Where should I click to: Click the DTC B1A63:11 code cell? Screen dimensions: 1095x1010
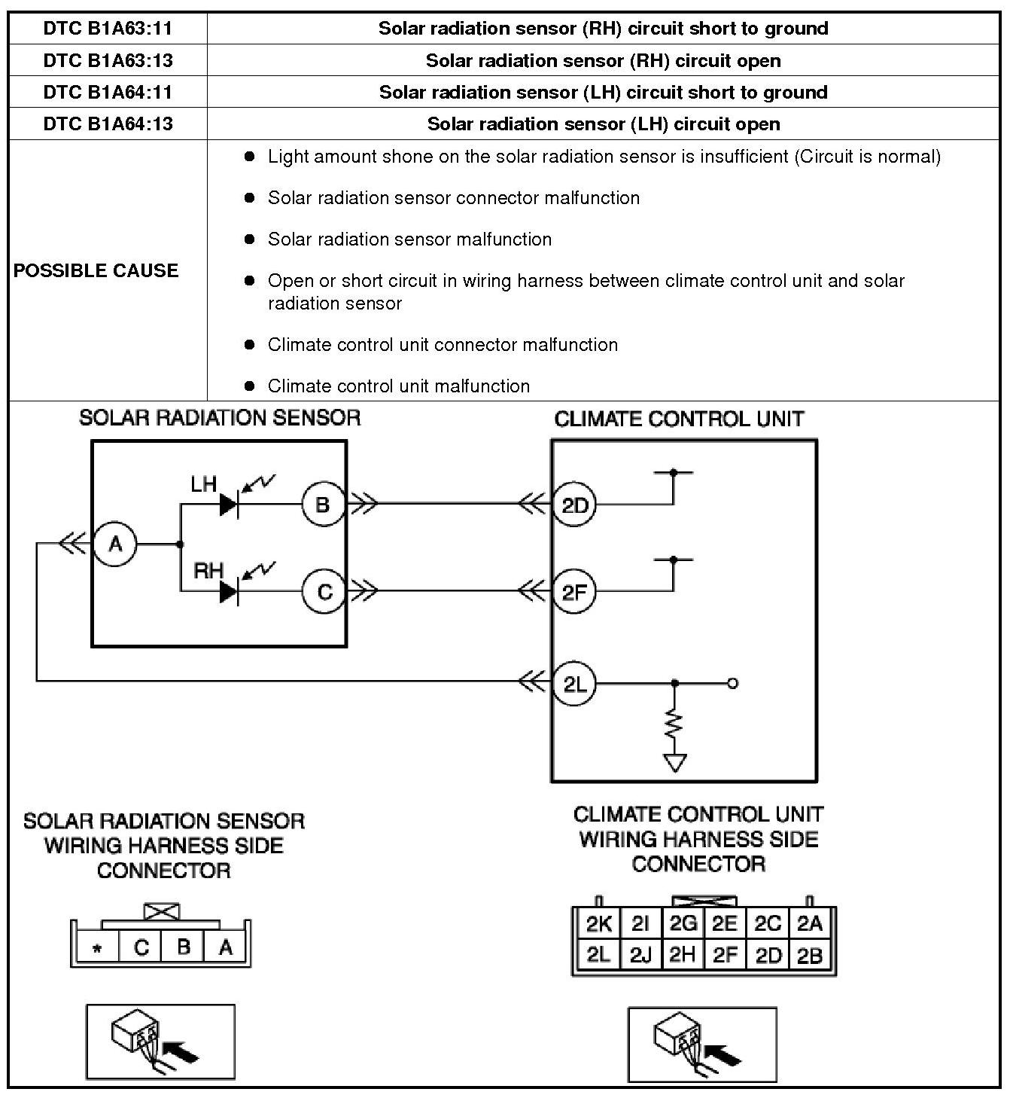click(x=108, y=29)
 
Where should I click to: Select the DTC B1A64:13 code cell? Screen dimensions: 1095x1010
click(x=108, y=124)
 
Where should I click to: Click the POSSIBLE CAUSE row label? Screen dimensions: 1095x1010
click(x=96, y=270)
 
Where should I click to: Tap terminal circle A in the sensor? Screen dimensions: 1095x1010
click(x=115, y=543)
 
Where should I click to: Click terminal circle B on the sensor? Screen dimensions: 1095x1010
click(x=323, y=505)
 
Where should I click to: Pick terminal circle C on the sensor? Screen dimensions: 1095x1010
click(x=324, y=592)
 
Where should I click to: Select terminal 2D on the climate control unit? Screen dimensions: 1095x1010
click(x=574, y=505)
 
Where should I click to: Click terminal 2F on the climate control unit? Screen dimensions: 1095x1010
click(x=574, y=592)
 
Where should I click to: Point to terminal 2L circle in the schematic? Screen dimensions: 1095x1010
click(x=574, y=684)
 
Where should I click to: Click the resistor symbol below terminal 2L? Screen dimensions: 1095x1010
click(x=674, y=726)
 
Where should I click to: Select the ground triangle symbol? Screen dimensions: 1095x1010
click(x=675, y=763)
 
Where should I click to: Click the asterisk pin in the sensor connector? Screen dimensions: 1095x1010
click(x=97, y=949)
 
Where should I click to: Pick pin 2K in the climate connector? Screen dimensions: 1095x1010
click(x=599, y=924)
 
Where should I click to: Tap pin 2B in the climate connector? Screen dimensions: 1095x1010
click(x=810, y=956)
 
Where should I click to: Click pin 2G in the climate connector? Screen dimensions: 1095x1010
click(x=683, y=924)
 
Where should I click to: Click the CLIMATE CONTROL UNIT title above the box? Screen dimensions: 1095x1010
click(x=679, y=419)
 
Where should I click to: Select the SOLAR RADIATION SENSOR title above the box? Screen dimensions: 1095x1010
click(x=220, y=418)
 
